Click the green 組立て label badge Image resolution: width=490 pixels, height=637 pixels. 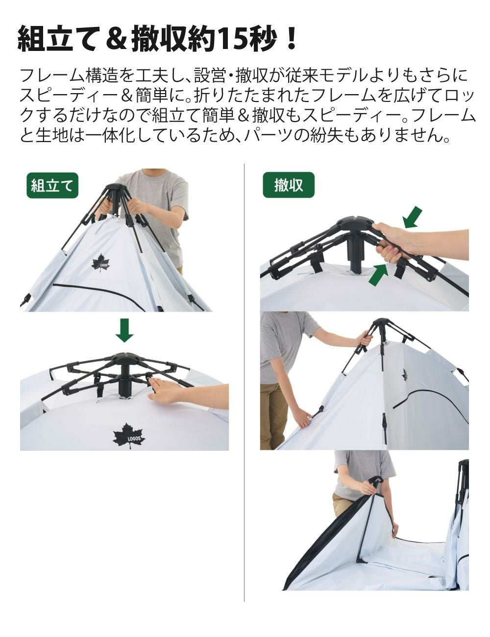pos(52,186)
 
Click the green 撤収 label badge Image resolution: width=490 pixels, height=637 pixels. pos(289,185)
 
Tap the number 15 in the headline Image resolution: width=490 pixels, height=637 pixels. pos(230,39)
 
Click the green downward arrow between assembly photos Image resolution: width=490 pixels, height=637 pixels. pos(124,330)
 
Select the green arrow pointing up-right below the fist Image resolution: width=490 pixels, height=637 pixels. pos(378,274)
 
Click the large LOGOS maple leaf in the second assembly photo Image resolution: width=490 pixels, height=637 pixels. pos(129,440)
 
